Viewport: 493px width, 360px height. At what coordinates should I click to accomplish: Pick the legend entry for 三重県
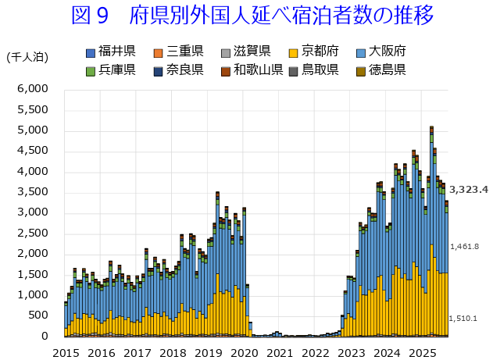coord(178,52)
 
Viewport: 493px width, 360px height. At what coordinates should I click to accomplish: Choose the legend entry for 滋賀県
coord(245,52)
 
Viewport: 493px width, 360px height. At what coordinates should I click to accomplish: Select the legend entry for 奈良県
coord(178,70)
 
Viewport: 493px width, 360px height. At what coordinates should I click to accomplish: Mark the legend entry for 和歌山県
coord(252,70)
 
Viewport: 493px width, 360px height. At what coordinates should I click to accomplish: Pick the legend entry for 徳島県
coord(380,70)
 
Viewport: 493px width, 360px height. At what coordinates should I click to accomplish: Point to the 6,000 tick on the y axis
coord(33,89)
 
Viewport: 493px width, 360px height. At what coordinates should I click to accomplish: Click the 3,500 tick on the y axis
coord(33,192)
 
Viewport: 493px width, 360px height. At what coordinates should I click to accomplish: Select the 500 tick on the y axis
coord(38,315)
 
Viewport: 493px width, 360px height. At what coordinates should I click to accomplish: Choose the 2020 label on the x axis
coord(244,353)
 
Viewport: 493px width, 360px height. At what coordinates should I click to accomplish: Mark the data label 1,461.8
coord(464,247)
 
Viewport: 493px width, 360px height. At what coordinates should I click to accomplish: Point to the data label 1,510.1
coord(464,318)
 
